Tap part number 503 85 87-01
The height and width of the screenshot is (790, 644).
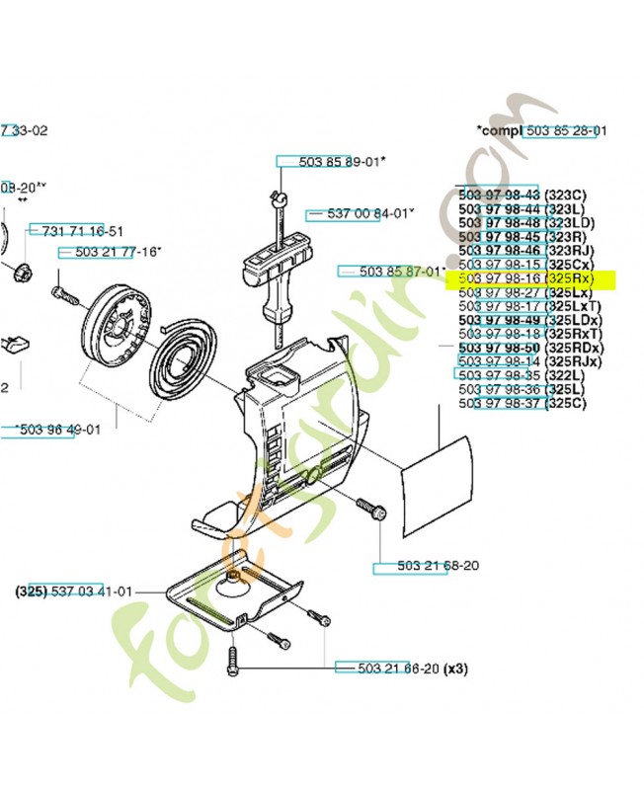pos(394,271)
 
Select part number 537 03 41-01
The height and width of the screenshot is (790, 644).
pos(74,592)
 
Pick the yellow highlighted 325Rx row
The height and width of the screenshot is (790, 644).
pos(529,279)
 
